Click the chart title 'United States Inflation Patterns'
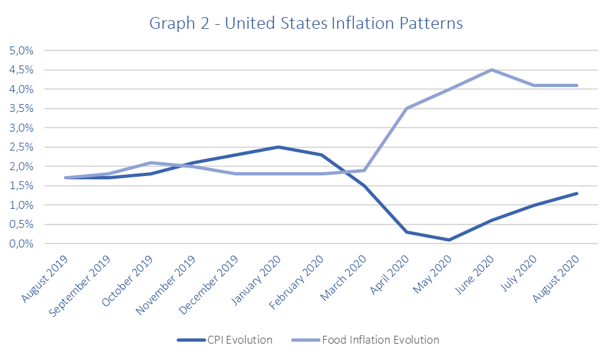[306, 24]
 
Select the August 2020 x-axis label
[558, 279]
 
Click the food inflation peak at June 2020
[491, 70]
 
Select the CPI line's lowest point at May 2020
[449, 240]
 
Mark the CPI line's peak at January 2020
[279, 147]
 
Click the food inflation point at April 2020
[406, 109]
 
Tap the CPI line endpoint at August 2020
[576, 193]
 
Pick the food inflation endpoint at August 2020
[576, 85]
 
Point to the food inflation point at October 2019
[151, 162]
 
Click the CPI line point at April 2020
[406, 232]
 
